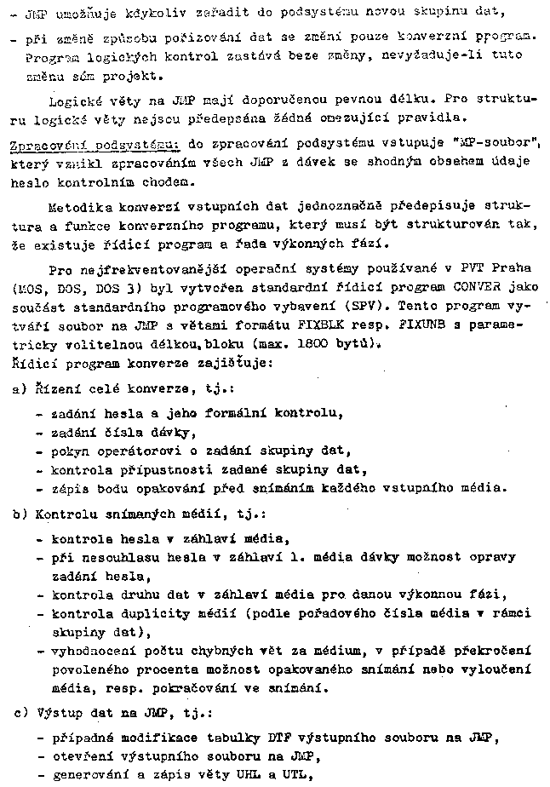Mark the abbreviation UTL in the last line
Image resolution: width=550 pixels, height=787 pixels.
pyautogui.click(x=293, y=775)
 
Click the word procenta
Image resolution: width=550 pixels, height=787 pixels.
pyautogui.click(x=163, y=670)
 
